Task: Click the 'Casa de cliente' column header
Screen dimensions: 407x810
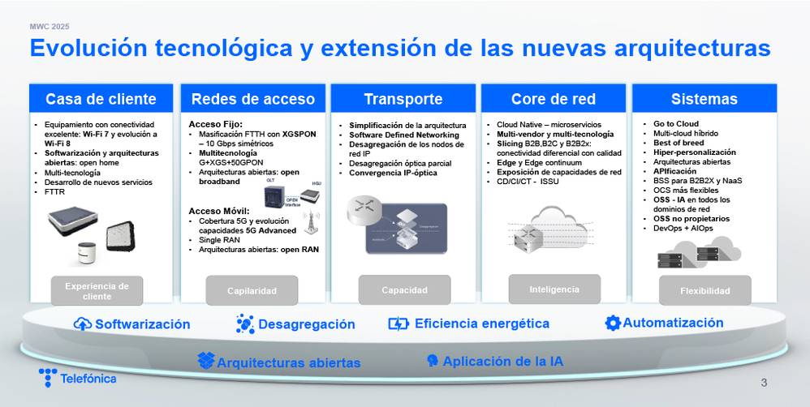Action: pyautogui.click(x=101, y=100)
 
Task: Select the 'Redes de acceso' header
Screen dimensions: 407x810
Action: pyautogui.click(x=252, y=100)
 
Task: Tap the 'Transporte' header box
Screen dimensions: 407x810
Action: pyautogui.click(x=403, y=100)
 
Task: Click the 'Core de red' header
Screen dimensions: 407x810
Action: pyautogui.click(x=554, y=100)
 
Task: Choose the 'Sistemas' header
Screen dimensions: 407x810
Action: pyautogui.click(x=704, y=100)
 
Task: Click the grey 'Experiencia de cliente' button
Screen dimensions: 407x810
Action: pyautogui.click(x=97, y=291)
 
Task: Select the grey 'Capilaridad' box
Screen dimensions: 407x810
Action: pyautogui.click(x=252, y=290)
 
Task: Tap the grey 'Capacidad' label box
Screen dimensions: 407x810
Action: pyautogui.click(x=404, y=289)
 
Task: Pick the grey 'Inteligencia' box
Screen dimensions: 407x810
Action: pyautogui.click(x=554, y=289)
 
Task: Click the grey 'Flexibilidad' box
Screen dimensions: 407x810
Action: pyautogui.click(x=704, y=290)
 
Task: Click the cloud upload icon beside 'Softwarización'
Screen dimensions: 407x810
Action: pyautogui.click(x=82, y=324)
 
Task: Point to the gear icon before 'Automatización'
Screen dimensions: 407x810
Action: pyautogui.click(x=613, y=323)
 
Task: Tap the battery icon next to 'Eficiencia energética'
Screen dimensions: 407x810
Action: pyautogui.click(x=399, y=323)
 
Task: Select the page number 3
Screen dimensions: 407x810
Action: pyautogui.click(x=764, y=383)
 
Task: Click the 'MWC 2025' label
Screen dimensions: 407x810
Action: pyautogui.click(x=50, y=26)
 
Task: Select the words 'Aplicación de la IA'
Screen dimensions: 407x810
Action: pyautogui.click(x=502, y=361)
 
